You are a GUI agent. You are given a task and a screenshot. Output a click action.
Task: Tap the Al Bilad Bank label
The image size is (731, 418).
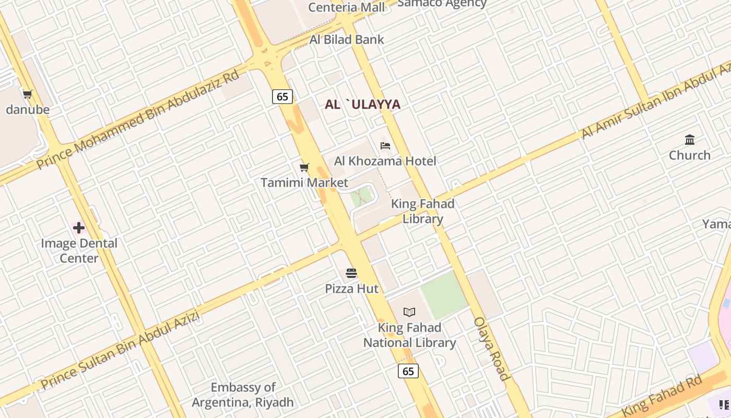click(347, 40)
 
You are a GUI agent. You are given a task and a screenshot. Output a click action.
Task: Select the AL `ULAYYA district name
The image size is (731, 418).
click(362, 104)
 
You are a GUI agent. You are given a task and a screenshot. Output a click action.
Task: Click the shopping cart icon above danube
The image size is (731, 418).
click(28, 95)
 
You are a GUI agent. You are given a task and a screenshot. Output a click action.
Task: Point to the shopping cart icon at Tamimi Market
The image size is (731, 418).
click(304, 168)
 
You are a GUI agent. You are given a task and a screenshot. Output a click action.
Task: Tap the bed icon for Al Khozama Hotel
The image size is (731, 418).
click(385, 146)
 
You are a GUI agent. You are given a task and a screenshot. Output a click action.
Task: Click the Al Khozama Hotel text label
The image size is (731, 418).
click(385, 161)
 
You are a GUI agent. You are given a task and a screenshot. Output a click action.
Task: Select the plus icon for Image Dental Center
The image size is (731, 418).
click(79, 228)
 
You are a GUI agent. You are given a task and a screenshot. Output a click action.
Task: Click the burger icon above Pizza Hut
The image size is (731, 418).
click(351, 273)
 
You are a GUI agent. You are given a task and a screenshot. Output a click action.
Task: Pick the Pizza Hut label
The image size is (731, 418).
click(352, 288)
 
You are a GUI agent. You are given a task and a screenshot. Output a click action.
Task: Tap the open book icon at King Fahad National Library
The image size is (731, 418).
click(409, 312)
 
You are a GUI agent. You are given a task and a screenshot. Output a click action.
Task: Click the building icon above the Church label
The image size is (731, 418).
click(690, 140)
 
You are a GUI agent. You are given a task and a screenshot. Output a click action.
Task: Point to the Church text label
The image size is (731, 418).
click(690, 155)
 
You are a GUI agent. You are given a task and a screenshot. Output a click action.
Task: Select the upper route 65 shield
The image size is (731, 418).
click(282, 97)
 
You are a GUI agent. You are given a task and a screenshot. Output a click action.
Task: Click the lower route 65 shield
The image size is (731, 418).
click(408, 371)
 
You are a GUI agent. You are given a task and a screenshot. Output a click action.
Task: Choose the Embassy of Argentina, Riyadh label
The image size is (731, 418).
click(243, 395)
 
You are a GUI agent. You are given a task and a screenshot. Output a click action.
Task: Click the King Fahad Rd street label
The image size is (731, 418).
click(663, 395)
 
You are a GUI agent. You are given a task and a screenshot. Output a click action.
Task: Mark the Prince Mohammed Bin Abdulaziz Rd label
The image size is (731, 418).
click(138, 120)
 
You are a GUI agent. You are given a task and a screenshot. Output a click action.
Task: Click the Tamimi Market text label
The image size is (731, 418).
click(304, 183)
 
